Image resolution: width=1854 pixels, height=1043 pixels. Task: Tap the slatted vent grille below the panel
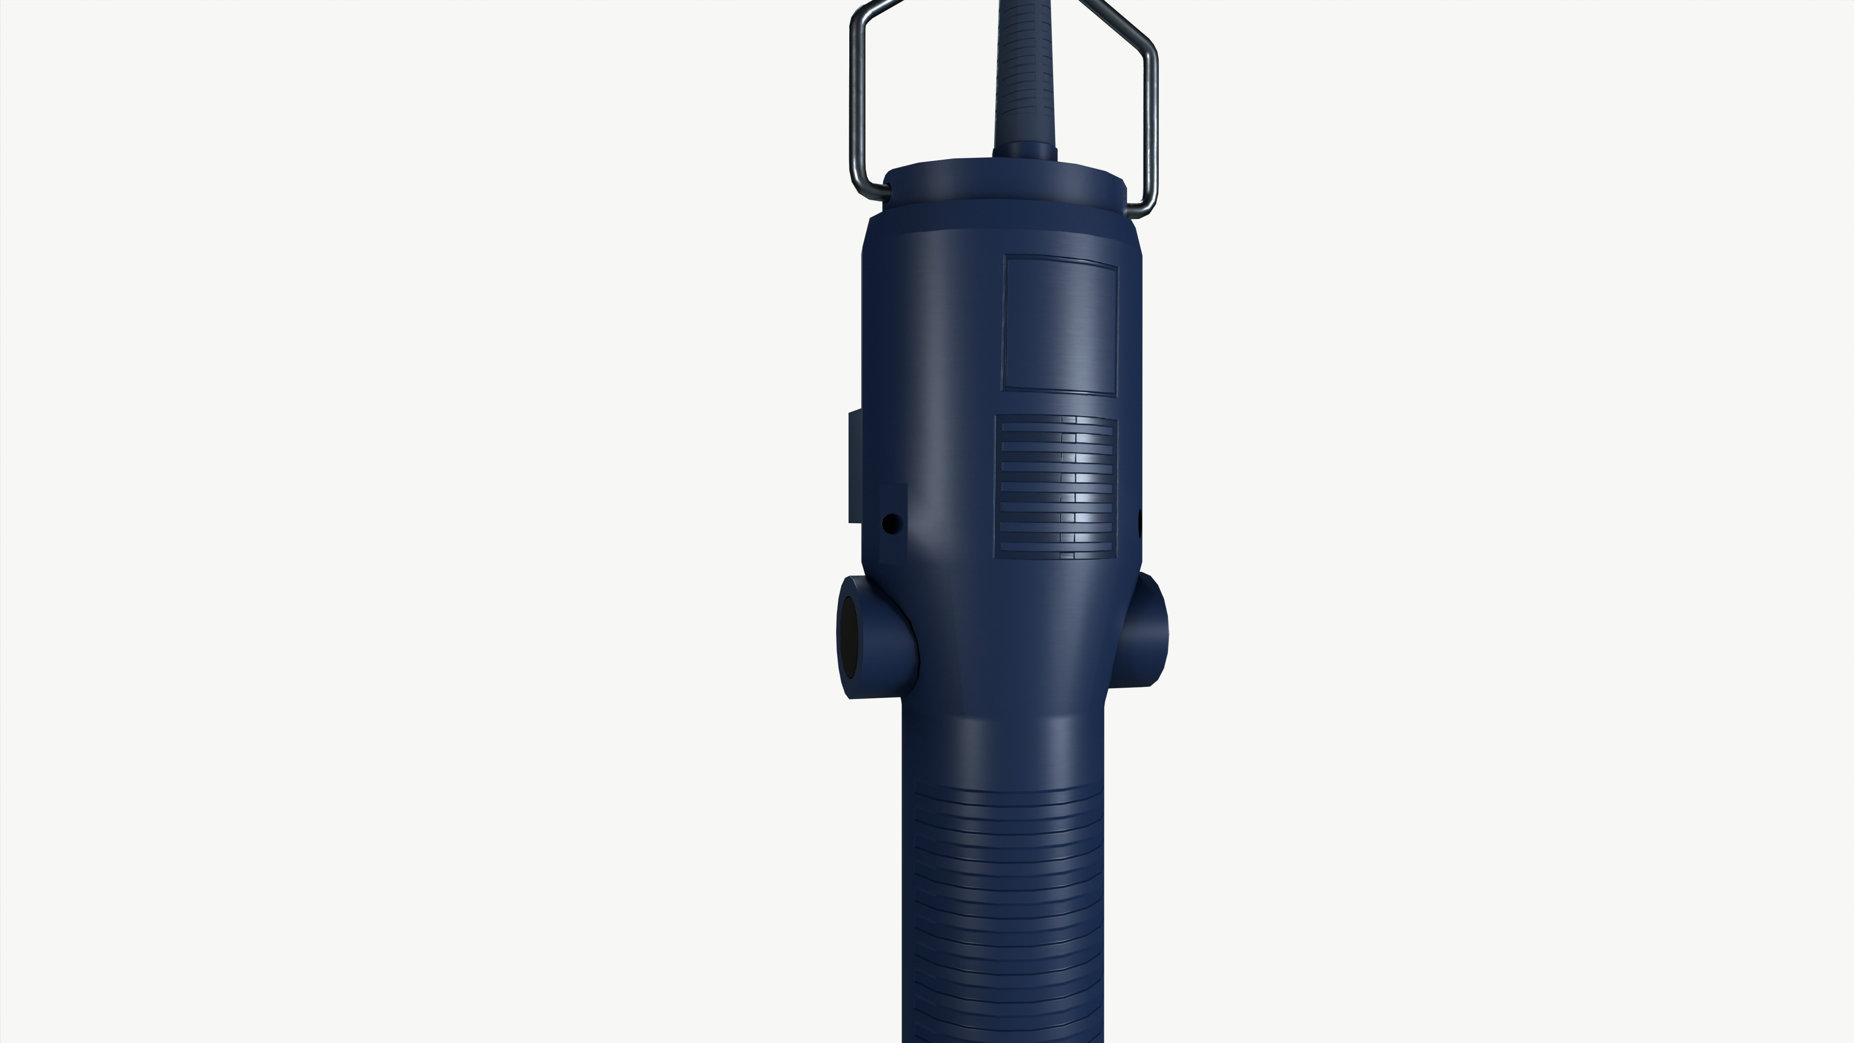point(1055,487)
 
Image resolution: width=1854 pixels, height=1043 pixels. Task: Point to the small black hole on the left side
point(891,523)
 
